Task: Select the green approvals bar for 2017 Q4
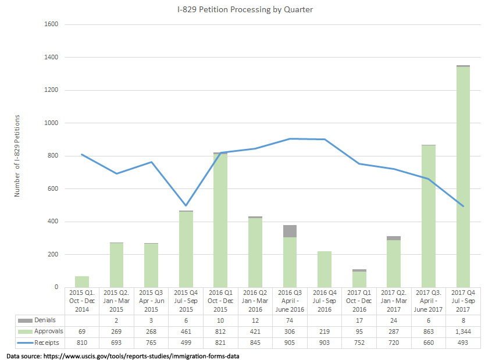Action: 463,174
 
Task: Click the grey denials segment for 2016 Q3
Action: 290,231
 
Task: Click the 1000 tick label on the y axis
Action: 51,123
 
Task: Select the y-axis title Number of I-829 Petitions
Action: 17,156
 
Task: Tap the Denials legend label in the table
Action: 44,320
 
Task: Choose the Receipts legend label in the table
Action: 45,343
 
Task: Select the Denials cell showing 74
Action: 290,320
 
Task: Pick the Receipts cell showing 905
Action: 290,343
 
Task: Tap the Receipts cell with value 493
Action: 464,343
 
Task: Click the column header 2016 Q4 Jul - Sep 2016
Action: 325,301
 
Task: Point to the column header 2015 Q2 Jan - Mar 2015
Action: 117,301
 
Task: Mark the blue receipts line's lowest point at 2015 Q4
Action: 186,205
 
